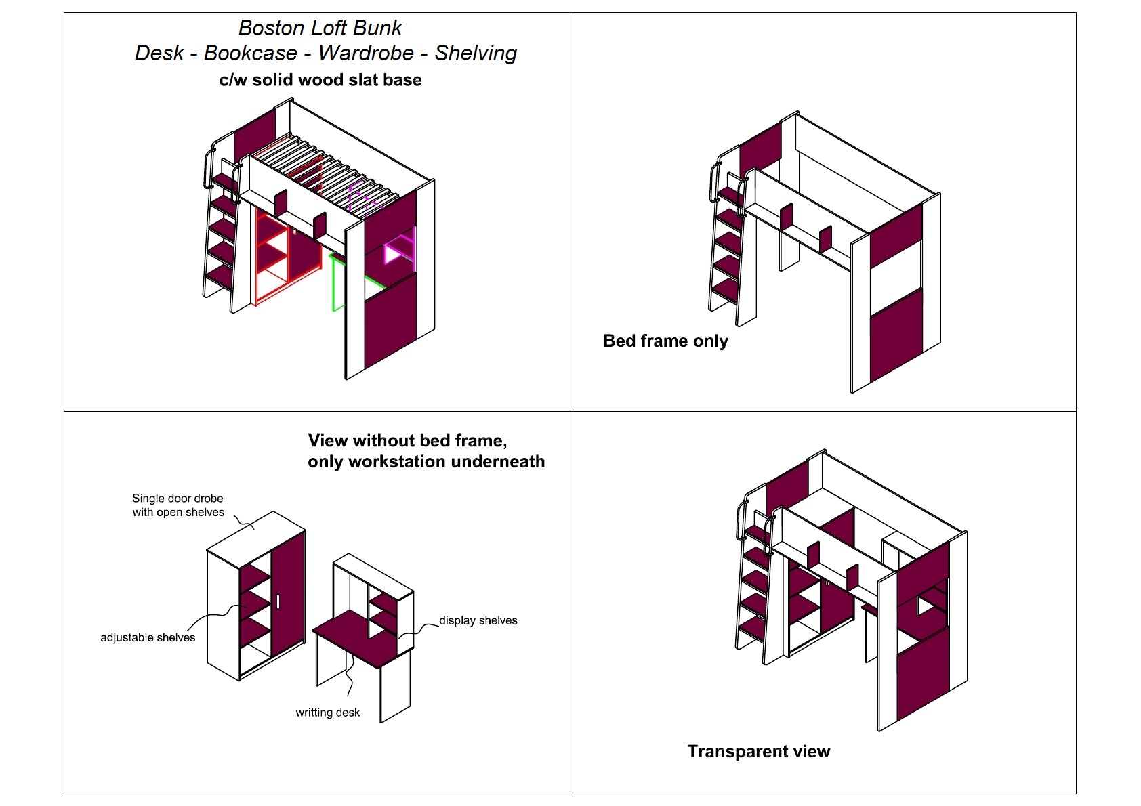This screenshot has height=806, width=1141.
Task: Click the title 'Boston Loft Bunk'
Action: [320, 28]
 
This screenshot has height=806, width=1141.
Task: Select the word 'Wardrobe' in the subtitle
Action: [366, 53]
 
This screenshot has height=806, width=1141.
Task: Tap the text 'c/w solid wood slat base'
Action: [320, 80]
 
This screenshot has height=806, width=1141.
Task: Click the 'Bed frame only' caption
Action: [665, 341]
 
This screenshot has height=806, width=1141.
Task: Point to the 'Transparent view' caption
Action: [758, 751]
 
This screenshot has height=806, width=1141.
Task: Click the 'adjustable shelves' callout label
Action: [148, 637]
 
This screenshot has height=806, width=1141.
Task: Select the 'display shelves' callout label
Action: [478, 620]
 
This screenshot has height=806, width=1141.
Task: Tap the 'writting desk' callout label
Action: [327, 713]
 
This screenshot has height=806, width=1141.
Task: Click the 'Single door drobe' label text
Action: [178, 499]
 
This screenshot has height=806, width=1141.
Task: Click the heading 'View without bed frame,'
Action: [407, 441]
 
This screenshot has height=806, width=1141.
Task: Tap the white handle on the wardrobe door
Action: [278, 601]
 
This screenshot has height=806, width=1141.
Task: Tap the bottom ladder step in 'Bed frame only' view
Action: [725, 291]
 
